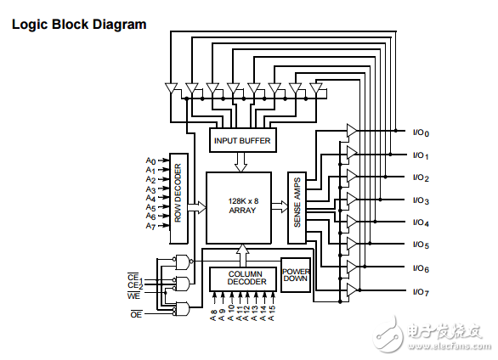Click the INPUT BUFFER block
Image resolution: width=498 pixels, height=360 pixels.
[243, 140]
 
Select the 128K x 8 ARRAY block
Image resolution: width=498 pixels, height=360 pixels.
[239, 208]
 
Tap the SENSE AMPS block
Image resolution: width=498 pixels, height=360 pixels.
[297, 208]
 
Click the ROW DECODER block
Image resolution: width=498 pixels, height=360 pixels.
[178, 199]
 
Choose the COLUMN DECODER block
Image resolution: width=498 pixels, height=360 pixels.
[243, 279]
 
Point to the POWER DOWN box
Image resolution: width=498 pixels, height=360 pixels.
[296, 275]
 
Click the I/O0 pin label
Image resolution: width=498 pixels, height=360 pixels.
[421, 132]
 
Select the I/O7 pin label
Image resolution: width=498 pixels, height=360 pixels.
[421, 292]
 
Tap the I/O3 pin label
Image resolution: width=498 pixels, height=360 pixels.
[421, 200]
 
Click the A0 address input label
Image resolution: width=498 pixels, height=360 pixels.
[150, 160]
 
